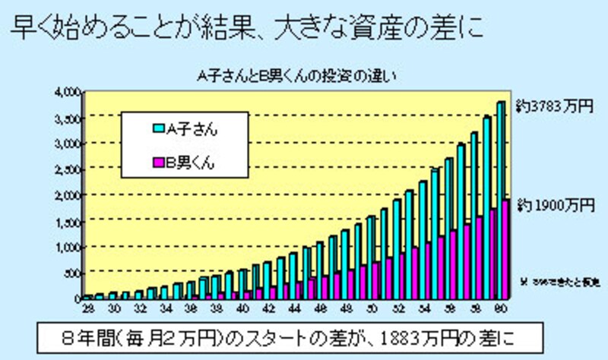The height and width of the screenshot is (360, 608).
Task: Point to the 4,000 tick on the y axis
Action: (68, 92)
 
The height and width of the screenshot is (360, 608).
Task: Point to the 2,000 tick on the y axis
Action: (68, 195)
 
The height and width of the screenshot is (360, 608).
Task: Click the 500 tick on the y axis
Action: (71, 273)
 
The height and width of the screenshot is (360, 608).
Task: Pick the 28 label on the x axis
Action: (88, 308)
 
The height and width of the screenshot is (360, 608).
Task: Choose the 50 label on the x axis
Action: (372, 308)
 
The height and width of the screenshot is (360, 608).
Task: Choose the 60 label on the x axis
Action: (502, 308)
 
